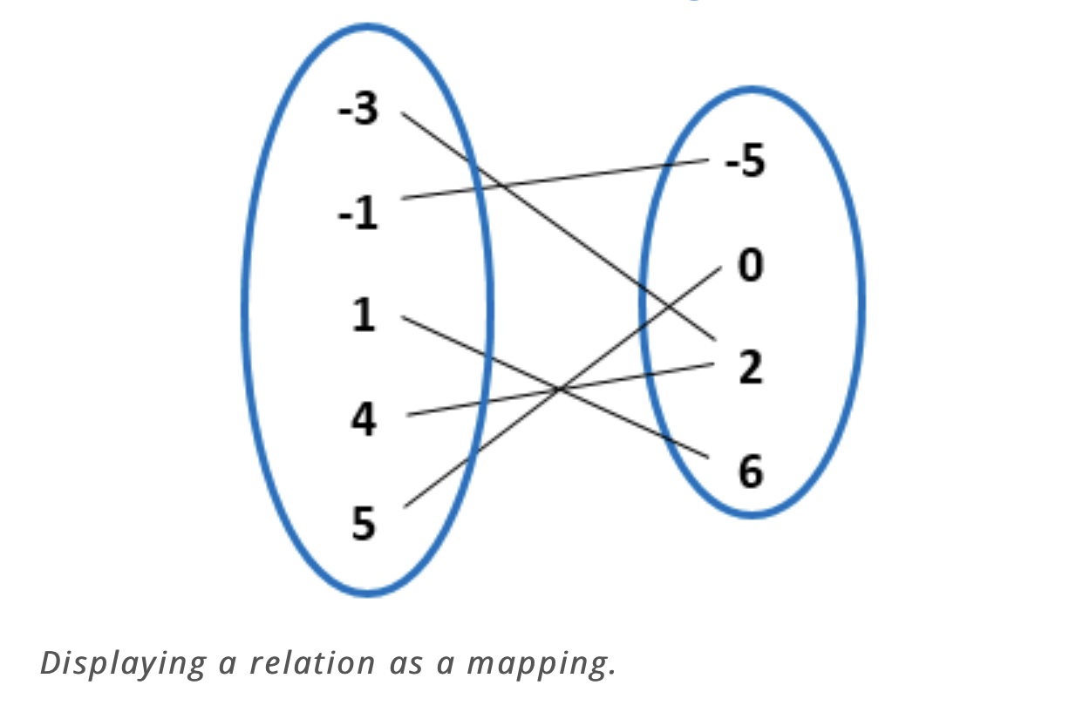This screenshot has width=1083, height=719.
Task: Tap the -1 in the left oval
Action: [358, 214]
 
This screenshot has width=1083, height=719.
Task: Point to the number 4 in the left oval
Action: [364, 420]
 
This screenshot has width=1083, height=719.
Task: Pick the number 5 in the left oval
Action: [364, 524]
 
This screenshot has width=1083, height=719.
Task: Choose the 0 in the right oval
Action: [750, 265]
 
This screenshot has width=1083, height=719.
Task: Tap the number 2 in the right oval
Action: [750, 368]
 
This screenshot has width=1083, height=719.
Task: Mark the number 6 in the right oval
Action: [750, 471]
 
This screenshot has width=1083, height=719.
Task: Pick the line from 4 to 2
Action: [645, 375]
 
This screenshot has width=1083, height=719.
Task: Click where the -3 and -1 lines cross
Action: [502, 186]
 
